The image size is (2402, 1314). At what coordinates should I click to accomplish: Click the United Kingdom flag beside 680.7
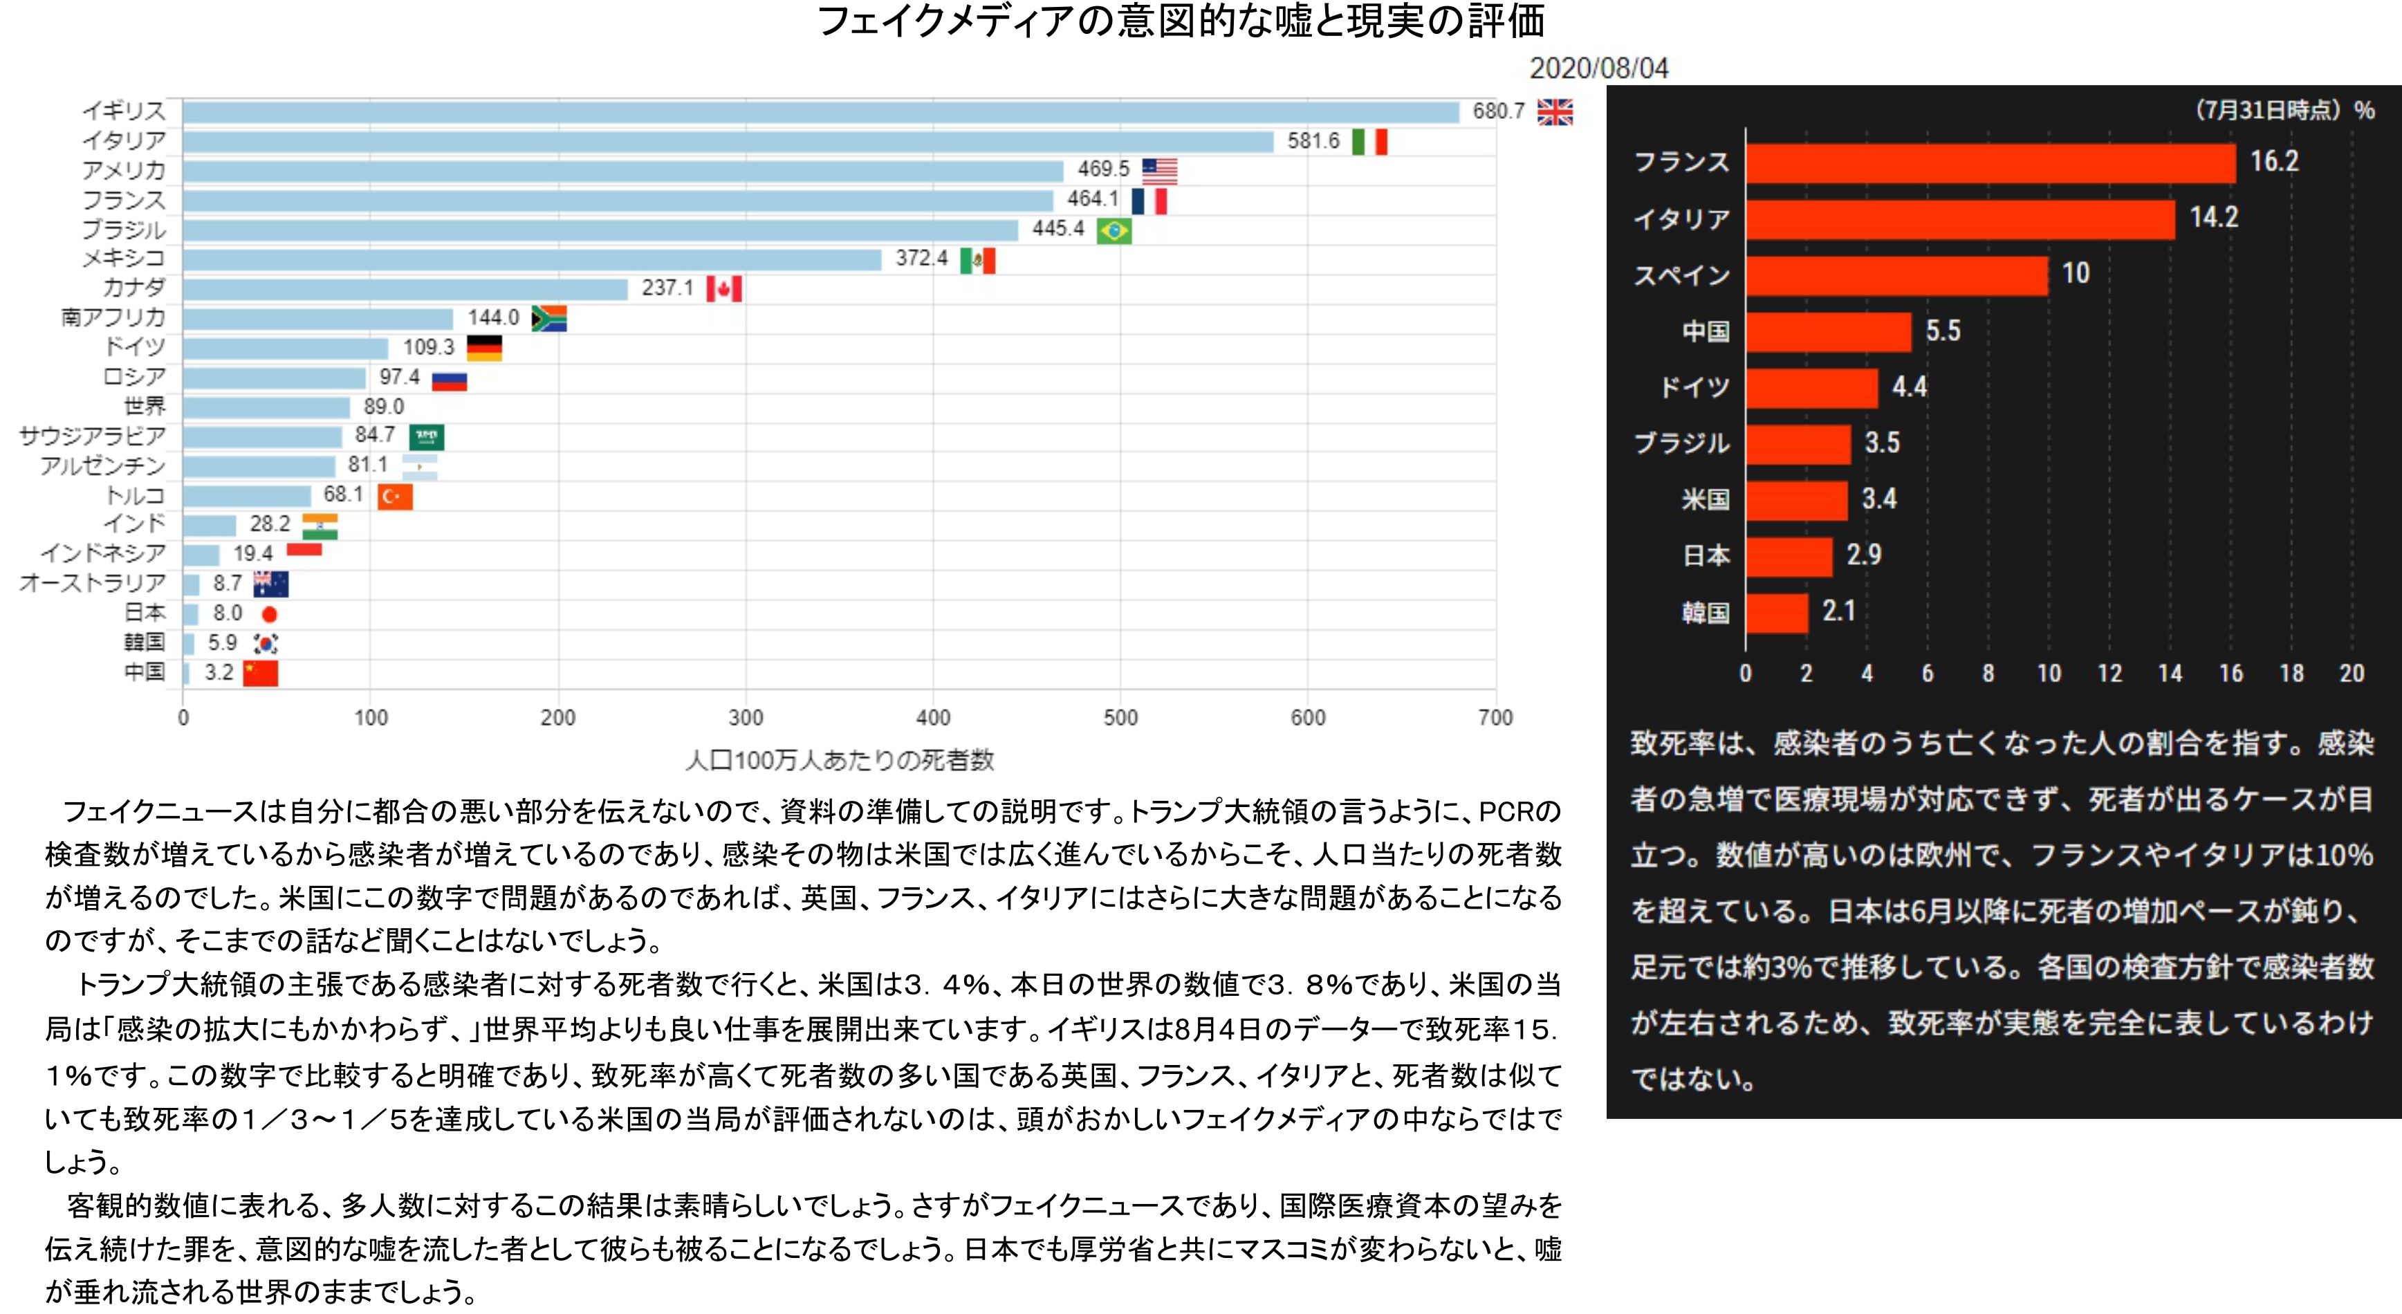click(x=1554, y=112)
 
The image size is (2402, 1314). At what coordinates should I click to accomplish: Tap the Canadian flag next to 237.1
click(x=723, y=288)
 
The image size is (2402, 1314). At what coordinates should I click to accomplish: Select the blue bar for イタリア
click(x=728, y=142)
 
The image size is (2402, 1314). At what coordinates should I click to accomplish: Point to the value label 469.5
click(x=1103, y=169)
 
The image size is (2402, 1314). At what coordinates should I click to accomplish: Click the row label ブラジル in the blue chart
click(x=124, y=230)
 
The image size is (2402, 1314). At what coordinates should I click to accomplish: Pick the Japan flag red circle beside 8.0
click(x=270, y=613)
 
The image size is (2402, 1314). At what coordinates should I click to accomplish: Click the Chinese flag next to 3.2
click(x=260, y=672)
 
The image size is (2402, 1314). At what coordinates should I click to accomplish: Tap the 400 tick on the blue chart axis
click(x=932, y=717)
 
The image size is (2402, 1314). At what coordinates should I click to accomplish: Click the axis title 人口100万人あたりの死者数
click(x=839, y=760)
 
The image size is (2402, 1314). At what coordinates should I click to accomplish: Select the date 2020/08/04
click(x=1598, y=68)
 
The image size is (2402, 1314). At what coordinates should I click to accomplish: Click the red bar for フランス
click(x=1990, y=164)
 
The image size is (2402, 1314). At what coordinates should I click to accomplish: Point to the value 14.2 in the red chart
click(x=2214, y=217)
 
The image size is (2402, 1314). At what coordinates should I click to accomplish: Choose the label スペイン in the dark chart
click(x=1681, y=275)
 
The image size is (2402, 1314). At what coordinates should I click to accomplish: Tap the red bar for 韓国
click(x=1776, y=613)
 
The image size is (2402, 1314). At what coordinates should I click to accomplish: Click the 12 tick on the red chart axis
click(x=2109, y=674)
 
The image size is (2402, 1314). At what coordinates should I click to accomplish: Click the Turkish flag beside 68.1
click(x=394, y=496)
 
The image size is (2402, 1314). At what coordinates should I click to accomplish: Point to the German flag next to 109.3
click(x=484, y=348)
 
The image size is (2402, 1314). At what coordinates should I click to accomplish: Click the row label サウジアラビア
click(x=92, y=436)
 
